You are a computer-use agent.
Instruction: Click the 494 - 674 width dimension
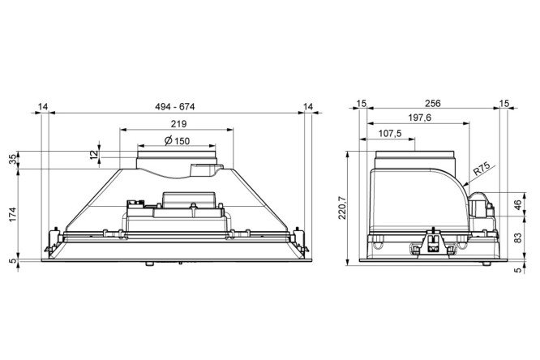[174, 107]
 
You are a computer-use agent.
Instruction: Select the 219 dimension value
[178, 124]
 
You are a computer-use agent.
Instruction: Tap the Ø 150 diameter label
[177, 140]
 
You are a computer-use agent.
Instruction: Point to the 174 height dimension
[13, 214]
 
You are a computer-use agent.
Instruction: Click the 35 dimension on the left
[13, 159]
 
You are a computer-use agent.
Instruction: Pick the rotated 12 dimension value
[94, 155]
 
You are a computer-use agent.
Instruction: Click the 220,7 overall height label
[342, 208]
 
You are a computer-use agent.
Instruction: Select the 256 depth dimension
[432, 103]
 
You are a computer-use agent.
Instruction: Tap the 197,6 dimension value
[420, 118]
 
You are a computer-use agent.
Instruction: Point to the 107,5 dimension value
[390, 134]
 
